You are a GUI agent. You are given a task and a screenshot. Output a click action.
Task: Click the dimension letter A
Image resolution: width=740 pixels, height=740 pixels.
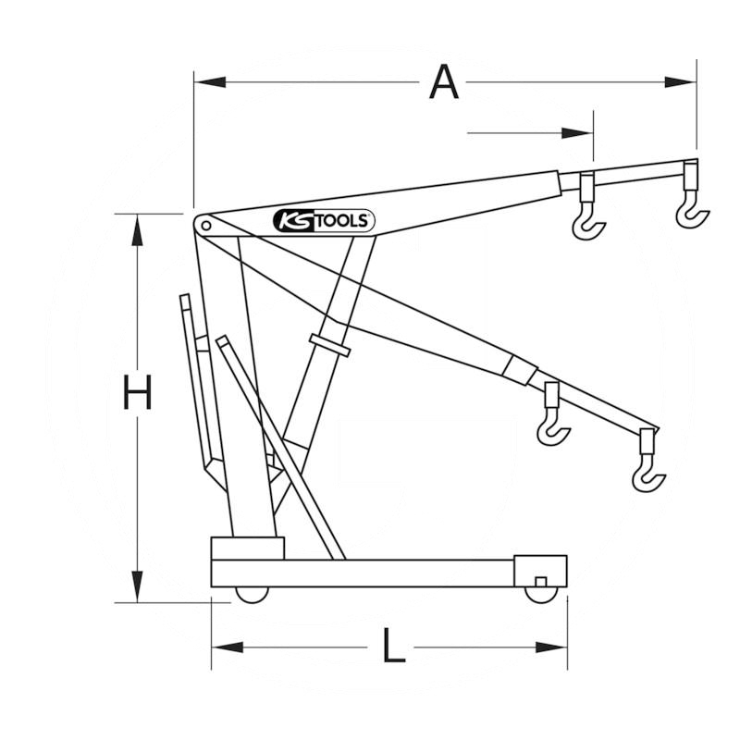point(444,82)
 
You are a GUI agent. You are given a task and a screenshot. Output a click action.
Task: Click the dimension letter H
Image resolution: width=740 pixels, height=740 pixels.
point(137,391)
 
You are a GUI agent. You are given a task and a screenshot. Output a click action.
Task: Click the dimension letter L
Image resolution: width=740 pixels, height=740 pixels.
point(394,646)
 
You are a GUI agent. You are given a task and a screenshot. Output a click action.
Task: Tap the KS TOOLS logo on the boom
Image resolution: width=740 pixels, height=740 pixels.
point(324,221)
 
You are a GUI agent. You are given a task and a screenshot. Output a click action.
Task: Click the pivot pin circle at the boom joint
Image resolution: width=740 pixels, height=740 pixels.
point(205,226)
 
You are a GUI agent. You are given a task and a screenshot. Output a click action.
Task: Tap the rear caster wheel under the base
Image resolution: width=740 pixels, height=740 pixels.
point(252,596)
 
